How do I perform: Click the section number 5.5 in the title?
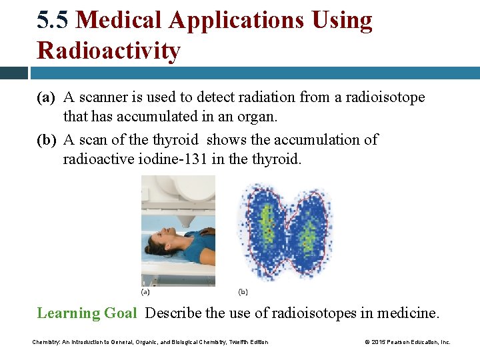(53, 21)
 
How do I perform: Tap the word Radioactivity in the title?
(109, 51)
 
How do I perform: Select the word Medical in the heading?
(119, 21)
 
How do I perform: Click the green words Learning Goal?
(87, 313)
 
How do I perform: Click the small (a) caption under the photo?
(145, 291)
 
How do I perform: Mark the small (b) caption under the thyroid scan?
(243, 291)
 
